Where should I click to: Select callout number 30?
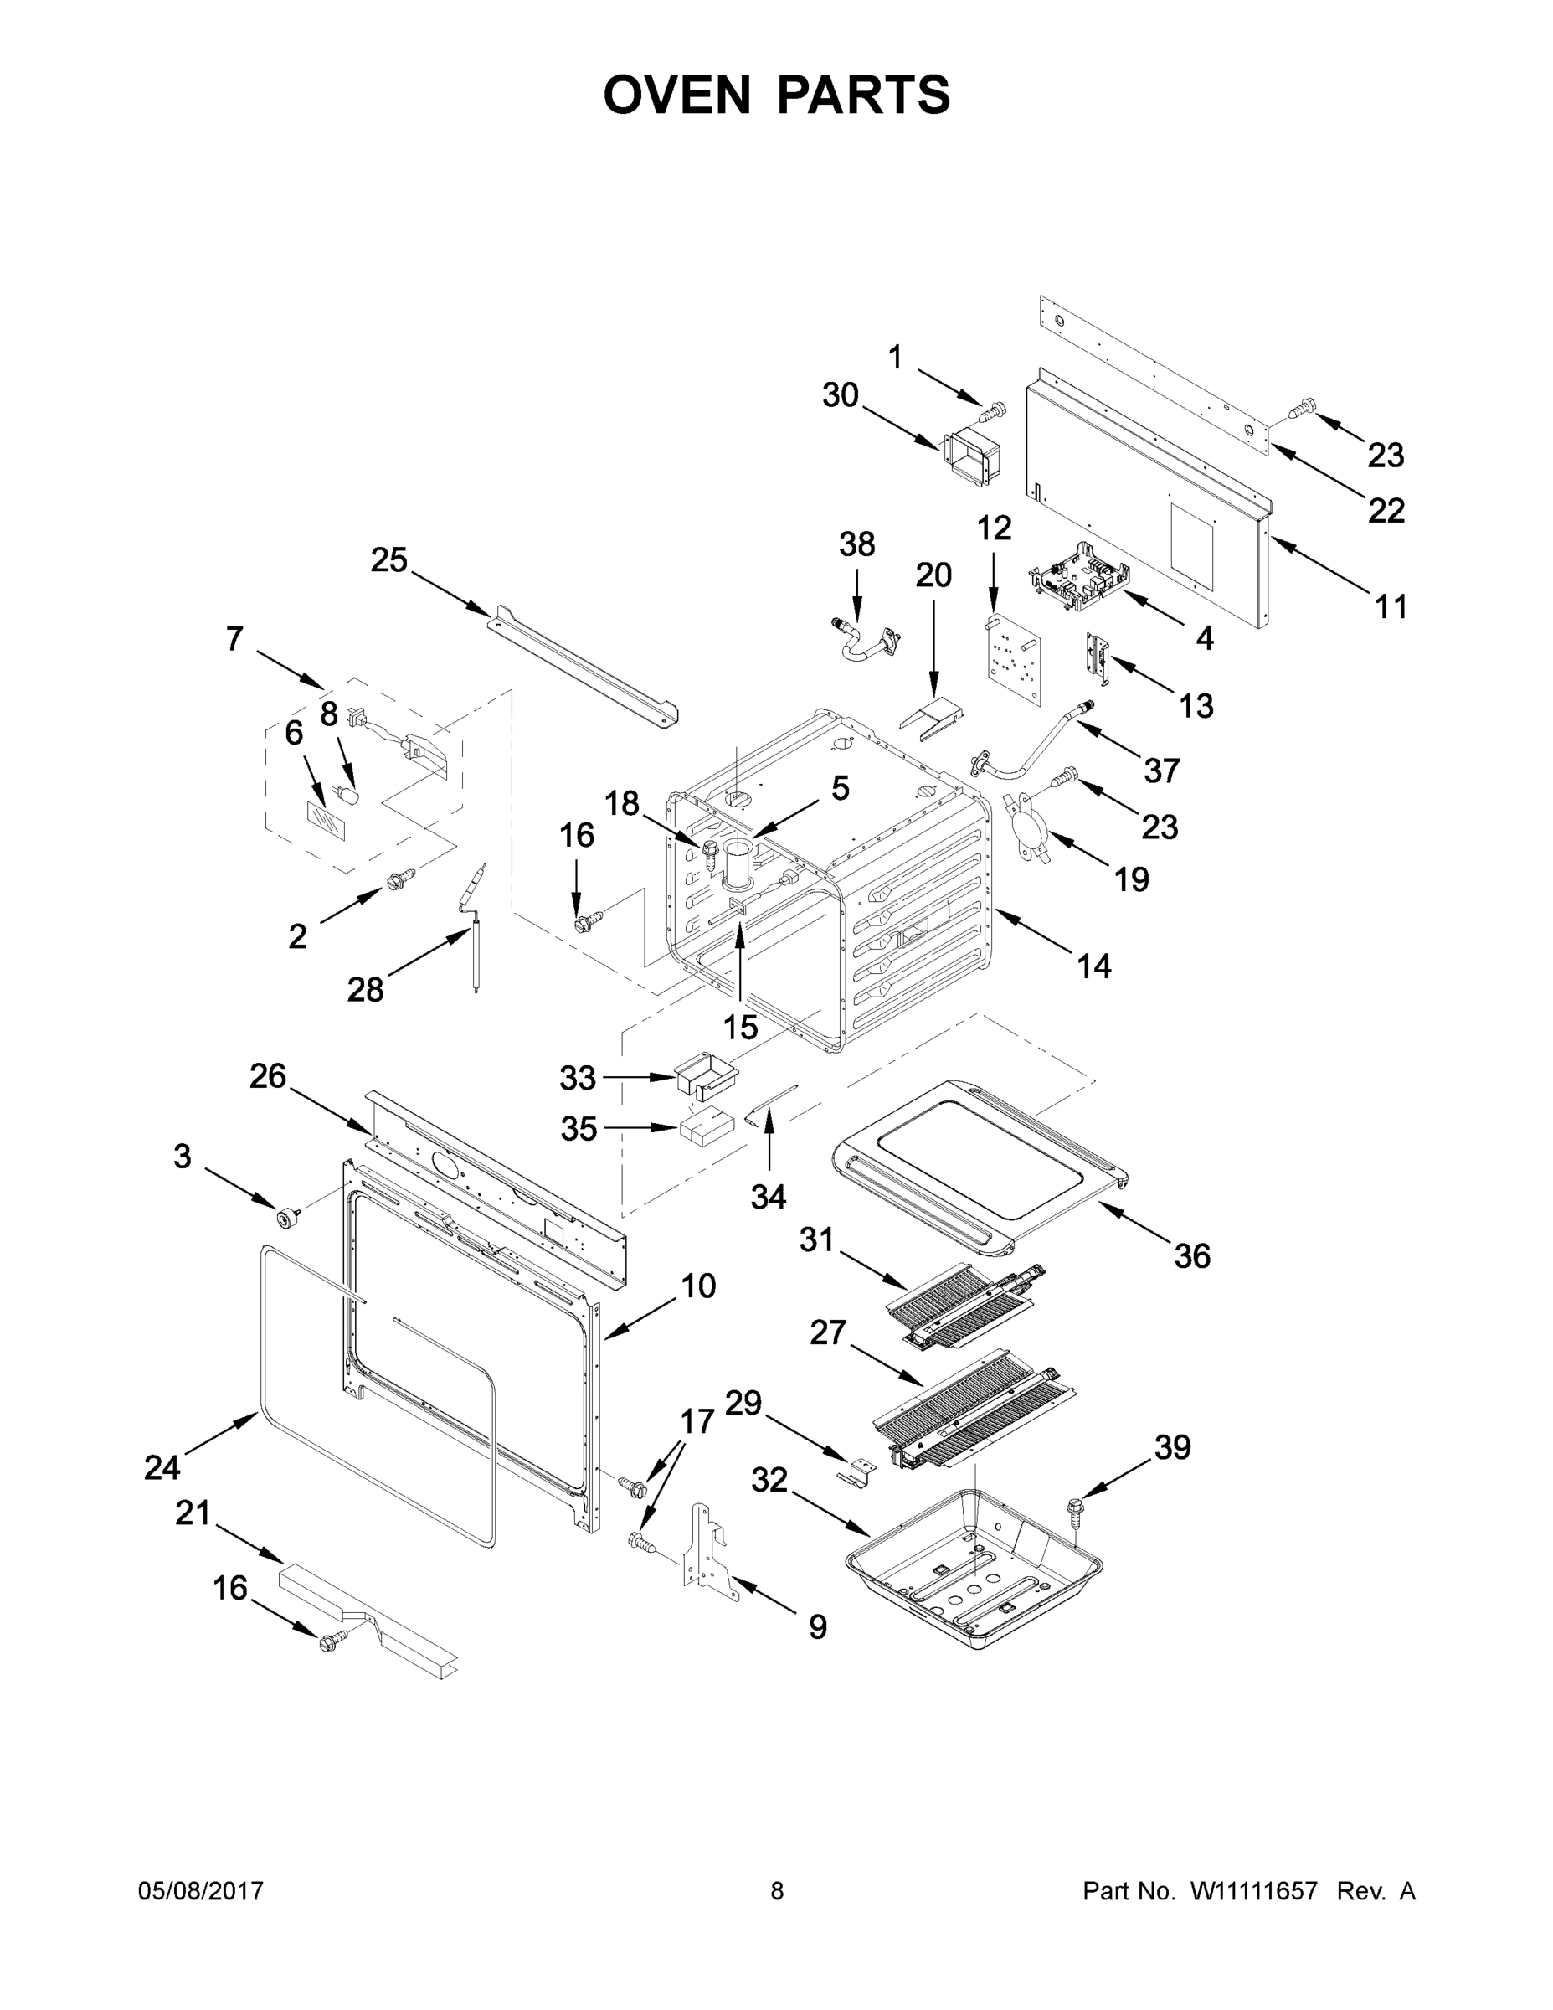tap(840, 396)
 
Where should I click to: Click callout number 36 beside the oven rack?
tap(1192, 1255)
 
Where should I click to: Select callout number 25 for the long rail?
tap(388, 559)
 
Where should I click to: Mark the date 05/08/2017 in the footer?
tap(201, 1891)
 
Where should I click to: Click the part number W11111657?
tap(1253, 1891)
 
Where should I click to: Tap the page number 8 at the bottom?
tap(777, 1891)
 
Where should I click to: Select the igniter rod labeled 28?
tap(476, 930)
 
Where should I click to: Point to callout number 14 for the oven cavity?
tap(1094, 966)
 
